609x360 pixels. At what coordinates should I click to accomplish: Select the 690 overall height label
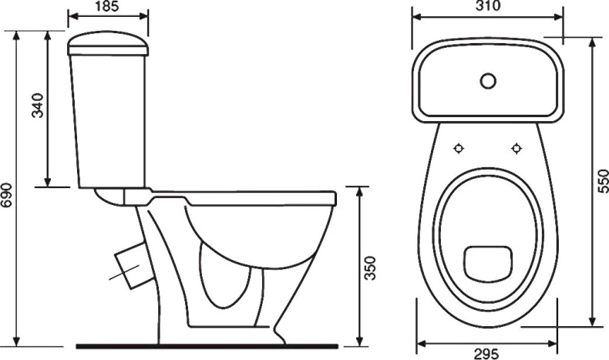click(x=7, y=195)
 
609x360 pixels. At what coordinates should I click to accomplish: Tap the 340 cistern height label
click(x=38, y=106)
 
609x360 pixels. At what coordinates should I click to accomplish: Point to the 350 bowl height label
click(x=370, y=268)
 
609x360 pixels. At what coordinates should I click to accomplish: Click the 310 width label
click(x=488, y=6)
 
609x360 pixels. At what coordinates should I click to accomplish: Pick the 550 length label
click(x=603, y=181)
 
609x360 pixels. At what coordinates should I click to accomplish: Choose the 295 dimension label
click(x=486, y=354)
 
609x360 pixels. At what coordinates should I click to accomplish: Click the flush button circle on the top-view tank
click(x=488, y=81)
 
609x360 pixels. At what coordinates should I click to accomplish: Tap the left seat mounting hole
click(x=459, y=148)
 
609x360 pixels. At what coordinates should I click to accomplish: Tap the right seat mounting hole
click(x=516, y=148)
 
